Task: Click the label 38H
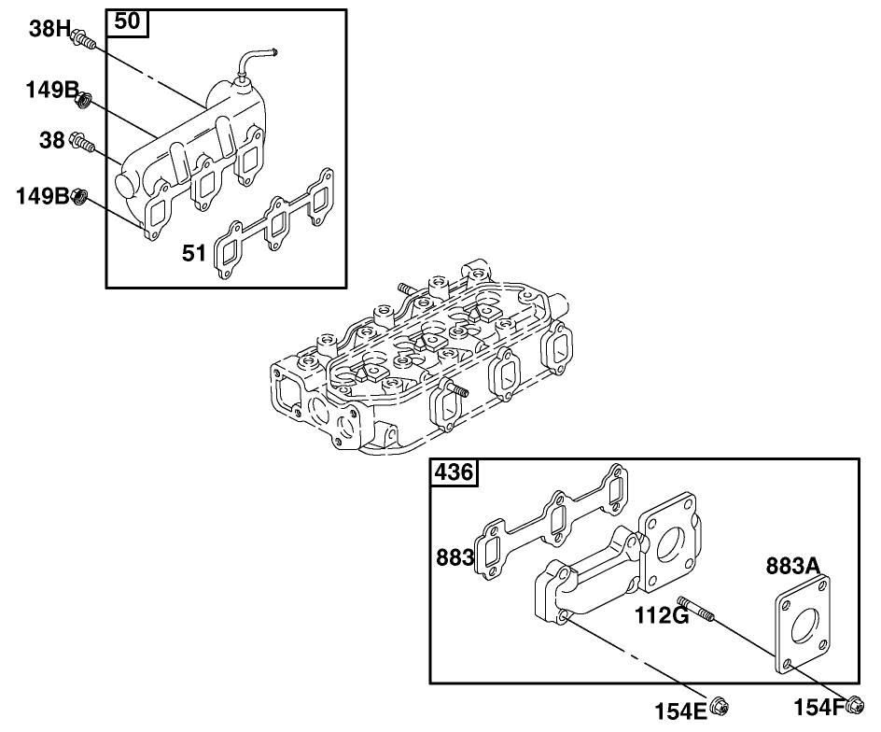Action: pos(49,29)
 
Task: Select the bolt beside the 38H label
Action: pos(84,40)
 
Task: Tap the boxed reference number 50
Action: pos(129,22)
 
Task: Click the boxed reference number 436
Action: pos(454,473)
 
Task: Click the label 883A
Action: pos(793,567)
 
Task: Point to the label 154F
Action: pos(819,706)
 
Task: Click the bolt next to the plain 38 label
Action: pos(83,144)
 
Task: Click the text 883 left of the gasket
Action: pos(454,558)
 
